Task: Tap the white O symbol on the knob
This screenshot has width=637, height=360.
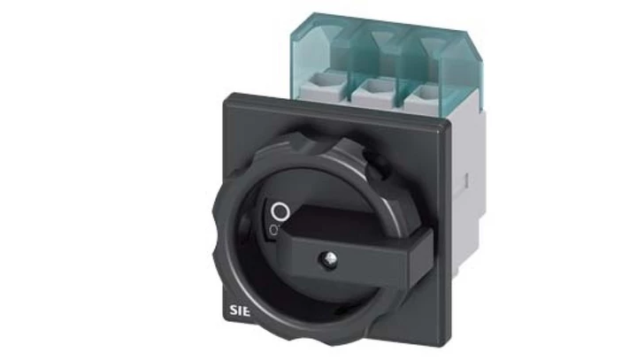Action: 280,211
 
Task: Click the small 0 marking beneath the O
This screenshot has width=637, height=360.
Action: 276,231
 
